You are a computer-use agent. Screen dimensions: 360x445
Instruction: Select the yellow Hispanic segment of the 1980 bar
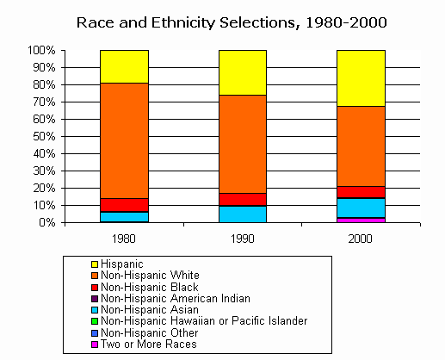pos(124,66)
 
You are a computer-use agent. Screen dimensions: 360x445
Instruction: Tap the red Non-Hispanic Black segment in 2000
pos(361,192)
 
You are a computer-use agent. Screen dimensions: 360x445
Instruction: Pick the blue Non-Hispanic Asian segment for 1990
pos(242,214)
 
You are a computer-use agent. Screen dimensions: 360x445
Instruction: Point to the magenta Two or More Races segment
pos(361,220)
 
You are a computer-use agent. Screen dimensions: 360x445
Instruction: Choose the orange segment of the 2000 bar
pos(361,146)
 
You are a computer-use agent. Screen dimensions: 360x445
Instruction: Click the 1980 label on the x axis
pos(124,237)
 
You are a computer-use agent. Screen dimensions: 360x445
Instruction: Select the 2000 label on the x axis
pos(361,237)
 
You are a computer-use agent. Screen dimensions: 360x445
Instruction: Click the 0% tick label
pos(48,222)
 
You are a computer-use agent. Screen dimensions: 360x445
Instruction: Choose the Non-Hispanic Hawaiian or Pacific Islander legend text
pos(204,320)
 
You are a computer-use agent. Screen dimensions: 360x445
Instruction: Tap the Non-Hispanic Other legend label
pos(151,332)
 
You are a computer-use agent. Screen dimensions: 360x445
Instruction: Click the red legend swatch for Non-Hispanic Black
pos(94,287)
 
